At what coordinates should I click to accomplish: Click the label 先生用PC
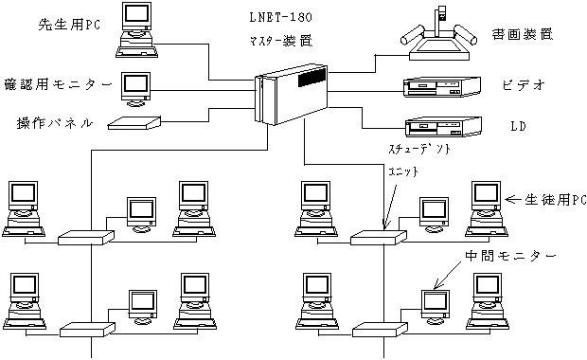(x=70, y=25)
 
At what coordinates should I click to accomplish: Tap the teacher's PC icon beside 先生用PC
(x=136, y=30)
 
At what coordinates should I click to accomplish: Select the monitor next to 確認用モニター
(x=135, y=90)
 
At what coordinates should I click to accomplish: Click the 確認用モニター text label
(x=58, y=84)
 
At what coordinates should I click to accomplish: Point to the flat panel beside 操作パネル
(x=134, y=123)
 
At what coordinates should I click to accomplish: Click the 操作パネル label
(x=55, y=123)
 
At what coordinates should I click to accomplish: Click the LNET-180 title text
(x=281, y=17)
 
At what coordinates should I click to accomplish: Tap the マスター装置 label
(x=281, y=41)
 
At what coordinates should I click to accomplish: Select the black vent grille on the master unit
(x=311, y=77)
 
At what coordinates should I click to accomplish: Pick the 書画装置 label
(x=523, y=34)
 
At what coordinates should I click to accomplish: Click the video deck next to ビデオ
(x=442, y=87)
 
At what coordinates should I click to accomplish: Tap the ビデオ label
(x=524, y=85)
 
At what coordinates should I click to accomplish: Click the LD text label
(x=519, y=126)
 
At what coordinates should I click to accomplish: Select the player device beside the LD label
(x=443, y=127)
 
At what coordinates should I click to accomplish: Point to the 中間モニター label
(x=510, y=256)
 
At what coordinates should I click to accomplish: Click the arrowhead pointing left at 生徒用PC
(x=508, y=200)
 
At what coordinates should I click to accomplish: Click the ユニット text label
(x=403, y=171)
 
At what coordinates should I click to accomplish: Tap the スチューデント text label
(x=419, y=149)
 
